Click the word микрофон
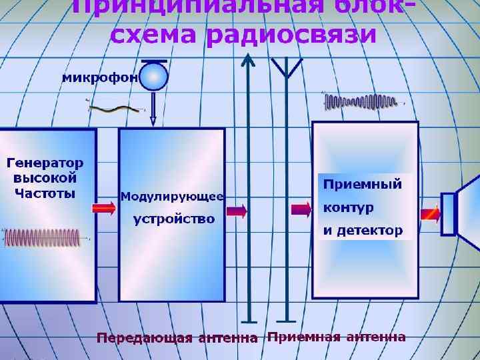[100, 77]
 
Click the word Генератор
[45, 163]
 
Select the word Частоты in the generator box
[45, 193]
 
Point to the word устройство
[174, 219]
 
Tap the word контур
[349, 207]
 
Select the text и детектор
[363, 231]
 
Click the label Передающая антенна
[177, 337]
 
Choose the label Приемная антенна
[336, 336]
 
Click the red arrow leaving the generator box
[104, 209]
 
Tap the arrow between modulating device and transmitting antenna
[237, 211]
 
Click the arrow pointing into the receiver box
[301, 210]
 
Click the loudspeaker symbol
[461, 206]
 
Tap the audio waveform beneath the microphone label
[116, 108]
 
